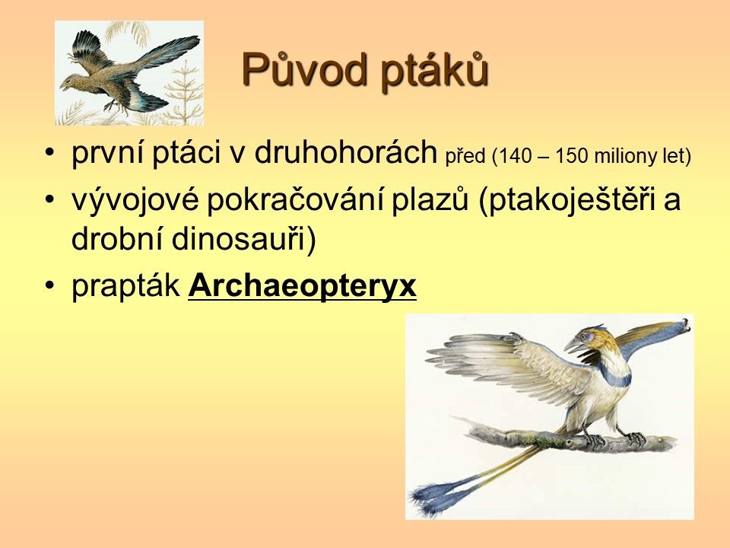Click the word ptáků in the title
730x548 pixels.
point(435,71)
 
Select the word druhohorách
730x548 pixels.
point(345,152)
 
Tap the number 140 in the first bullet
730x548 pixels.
point(516,156)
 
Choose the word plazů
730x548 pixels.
point(429,199)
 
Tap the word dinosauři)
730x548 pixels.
point(243,238)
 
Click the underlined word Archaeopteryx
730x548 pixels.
point(302,285)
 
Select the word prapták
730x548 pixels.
point(125,285)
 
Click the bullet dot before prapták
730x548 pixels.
point(50,285)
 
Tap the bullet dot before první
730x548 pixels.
point(50,153)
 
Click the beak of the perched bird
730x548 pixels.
point(573,346)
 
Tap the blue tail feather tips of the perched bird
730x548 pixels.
point(430,498)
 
